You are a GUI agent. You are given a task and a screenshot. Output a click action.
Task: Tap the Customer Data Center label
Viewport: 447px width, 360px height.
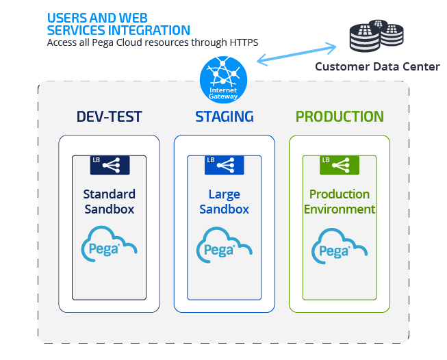[376, 66]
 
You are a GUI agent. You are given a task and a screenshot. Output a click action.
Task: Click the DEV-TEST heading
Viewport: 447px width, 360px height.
[110, 116]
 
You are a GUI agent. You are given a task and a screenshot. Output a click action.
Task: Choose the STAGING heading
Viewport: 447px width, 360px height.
[224, 116]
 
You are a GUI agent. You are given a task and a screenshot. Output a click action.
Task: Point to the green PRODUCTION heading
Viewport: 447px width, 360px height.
[340, 116]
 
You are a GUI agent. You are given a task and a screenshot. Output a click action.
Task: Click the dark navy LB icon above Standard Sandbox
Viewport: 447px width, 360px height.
[110, 164]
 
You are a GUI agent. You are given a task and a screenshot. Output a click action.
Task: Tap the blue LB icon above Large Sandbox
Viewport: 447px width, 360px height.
[224, 164]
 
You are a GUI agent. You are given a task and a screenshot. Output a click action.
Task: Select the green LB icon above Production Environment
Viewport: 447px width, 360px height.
[340, 164]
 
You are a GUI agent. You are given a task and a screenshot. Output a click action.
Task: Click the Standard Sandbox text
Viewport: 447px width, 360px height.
[110, 202]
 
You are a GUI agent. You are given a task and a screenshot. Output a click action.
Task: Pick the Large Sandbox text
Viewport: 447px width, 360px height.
[224, 202]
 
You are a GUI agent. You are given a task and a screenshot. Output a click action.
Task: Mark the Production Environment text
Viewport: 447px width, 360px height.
[340, 202]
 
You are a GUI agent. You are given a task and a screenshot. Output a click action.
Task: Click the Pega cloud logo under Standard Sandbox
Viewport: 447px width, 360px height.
[110, 245]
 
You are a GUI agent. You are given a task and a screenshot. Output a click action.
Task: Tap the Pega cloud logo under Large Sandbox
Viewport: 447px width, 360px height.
[224, 245]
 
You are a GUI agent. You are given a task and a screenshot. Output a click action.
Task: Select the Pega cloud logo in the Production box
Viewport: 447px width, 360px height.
[340, 245]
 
